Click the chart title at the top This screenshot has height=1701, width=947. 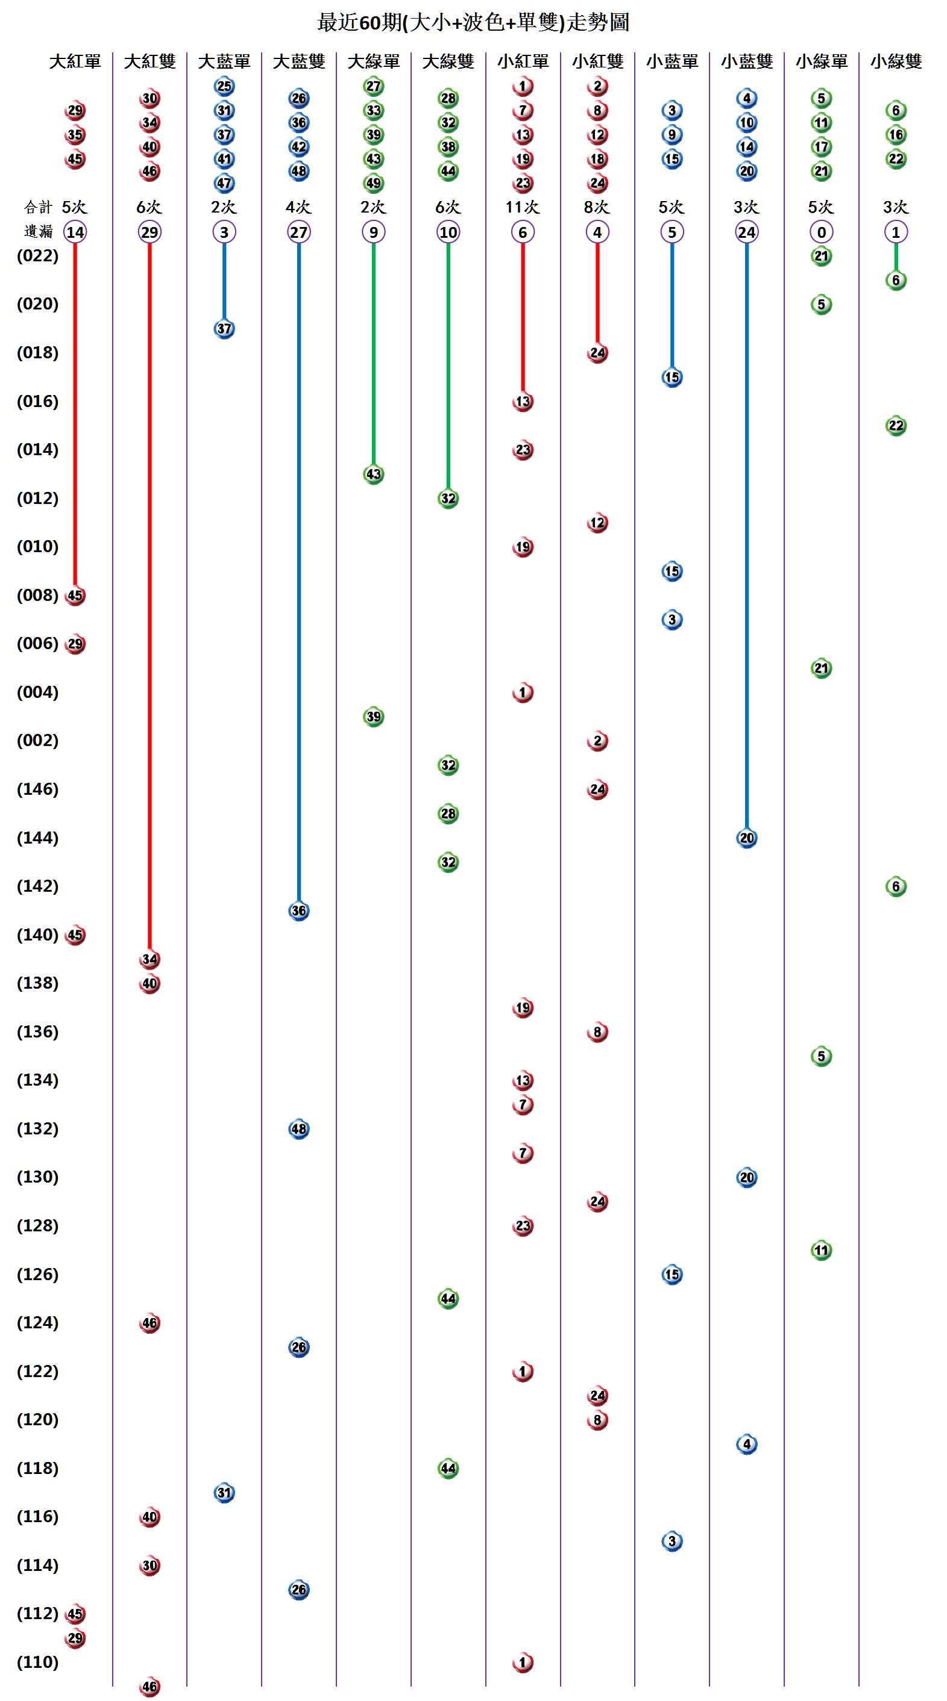pos(473,22)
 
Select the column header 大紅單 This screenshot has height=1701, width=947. pos(75,61)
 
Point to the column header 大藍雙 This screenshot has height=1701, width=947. pos(299,61)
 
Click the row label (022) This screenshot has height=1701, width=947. pos(37,255)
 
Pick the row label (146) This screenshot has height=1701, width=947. pos(37,789)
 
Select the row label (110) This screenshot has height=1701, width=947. pos(37,1661)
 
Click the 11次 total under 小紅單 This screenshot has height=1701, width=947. pos(522,207)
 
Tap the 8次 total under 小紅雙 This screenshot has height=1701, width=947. pos(597,207)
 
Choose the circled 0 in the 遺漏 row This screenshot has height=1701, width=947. pos(821,232)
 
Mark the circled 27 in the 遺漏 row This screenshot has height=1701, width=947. pos(299,232)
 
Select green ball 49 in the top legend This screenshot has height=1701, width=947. pos(373,183)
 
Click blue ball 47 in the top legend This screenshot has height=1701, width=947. pos(224,183)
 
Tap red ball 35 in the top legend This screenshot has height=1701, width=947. pos(75,135)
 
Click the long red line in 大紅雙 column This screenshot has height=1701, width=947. pos(149,594)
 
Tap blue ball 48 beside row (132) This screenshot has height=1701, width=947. pos(299,1128)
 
